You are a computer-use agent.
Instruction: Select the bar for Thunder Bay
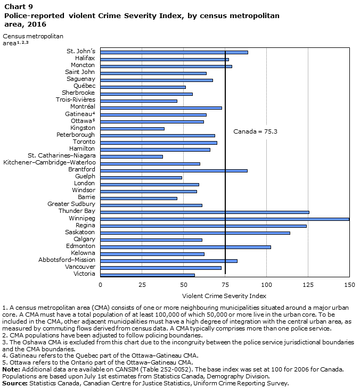click(x=204, y=212)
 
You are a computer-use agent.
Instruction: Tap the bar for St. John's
click(x=174, y=52)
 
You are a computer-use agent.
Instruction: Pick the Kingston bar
click(x=132, y=128)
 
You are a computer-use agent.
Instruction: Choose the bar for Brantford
click(x=174, y=170)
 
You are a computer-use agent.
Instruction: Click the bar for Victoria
click(x=148, y=275)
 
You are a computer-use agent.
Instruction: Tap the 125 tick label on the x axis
click(x=308, y=285)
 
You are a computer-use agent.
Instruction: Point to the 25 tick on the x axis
click(x=142, y=285)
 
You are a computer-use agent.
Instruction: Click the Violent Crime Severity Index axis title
click(x=224, y=295)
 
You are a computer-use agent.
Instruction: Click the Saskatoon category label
click(x=80, y=233)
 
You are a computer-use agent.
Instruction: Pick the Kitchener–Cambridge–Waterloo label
click(x=50, y=163)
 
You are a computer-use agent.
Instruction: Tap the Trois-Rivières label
click(x=76, y=100)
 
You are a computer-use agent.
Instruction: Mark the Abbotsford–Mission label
click(x=67, y=260)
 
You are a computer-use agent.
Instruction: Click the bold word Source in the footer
click(x=15, y=383)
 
